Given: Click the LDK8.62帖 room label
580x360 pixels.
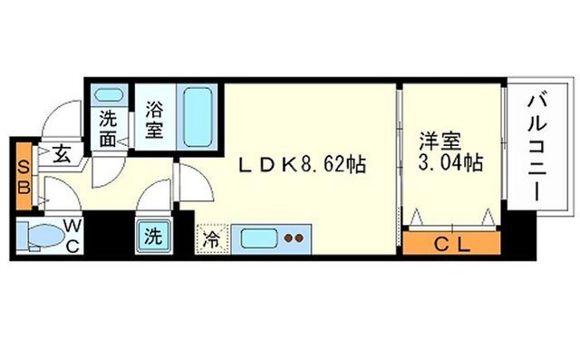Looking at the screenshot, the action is click(302, 165).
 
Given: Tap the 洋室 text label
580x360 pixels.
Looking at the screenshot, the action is click(440, 141).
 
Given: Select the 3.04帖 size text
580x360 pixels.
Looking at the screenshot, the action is click(450, 162).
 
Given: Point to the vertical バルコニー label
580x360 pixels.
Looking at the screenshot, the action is click(537, 148).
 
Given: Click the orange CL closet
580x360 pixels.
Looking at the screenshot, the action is click(451, 243).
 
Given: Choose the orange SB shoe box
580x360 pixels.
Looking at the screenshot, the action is click(24, 177).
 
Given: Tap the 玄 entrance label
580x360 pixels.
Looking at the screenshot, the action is click(62, 154).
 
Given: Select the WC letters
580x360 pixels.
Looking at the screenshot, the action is click(72, 236).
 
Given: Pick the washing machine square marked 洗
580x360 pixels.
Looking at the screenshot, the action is click(153, 237).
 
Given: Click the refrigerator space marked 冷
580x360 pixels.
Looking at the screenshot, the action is click(212, 239).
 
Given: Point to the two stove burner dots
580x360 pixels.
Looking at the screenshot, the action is click(294, 238).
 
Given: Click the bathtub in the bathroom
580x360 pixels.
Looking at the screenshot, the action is click(198, 117).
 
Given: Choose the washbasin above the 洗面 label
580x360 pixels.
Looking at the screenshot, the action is click(108, 94).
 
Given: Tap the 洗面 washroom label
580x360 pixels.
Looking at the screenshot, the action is click(108, 129).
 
